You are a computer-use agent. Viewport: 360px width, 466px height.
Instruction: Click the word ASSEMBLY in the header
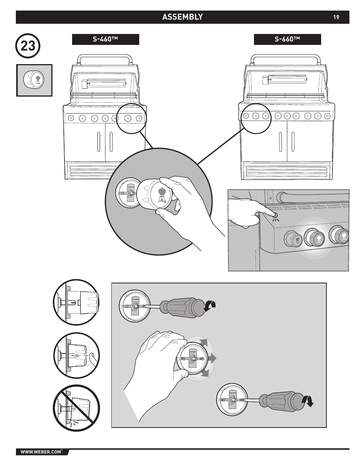coord(183,17)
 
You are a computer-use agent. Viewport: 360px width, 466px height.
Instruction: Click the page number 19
coord(336,17)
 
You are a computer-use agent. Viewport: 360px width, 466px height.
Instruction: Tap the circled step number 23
coord(28,46)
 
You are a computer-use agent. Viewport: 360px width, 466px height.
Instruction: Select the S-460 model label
coord(106,39)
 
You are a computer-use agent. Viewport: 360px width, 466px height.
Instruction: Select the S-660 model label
coord(287,39)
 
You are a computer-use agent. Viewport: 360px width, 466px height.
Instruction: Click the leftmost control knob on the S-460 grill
coord(71,118)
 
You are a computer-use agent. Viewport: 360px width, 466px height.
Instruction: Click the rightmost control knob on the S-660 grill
coord(327,116)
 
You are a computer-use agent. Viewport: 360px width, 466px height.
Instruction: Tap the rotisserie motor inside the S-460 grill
coord(85,83)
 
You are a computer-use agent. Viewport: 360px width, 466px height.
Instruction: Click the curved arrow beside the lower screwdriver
coord(307,401)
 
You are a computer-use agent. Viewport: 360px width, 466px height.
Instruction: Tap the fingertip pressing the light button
coord(274,214)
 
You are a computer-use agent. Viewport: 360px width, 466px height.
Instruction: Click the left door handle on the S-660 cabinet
coord(280,142)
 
